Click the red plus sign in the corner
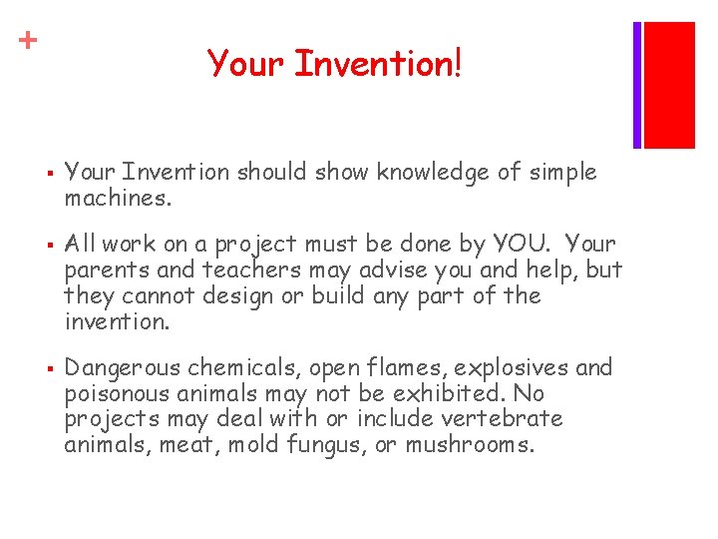(30, 40)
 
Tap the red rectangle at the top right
(669, 84)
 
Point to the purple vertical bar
(637, 84)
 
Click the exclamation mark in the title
(457, 65)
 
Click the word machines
(118, 199)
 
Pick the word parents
(105, 270)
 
